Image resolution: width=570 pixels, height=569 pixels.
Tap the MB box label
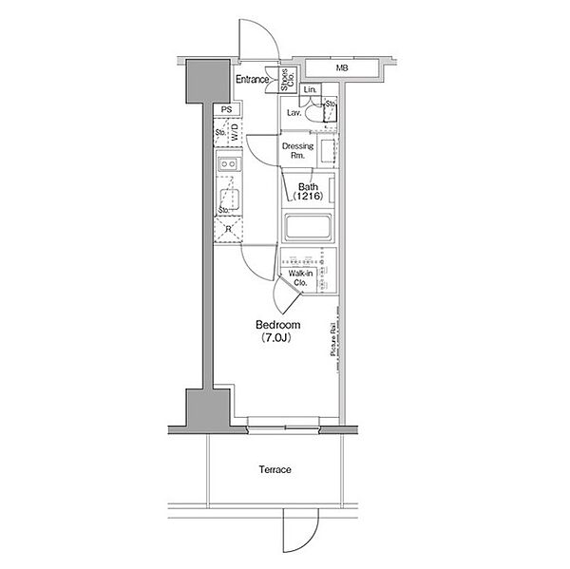pyautogui.click(x=340, y=68)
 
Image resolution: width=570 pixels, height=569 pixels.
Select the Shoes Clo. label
pyautogui.click(x=286, y=81)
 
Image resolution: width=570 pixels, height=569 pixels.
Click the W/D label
pyautogui.click(x=234, y=134)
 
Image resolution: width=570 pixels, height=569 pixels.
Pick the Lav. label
pyautogui.click(x=294, y=113)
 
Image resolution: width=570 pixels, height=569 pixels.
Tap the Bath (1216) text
pyautogui.click(x=308, y=192)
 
